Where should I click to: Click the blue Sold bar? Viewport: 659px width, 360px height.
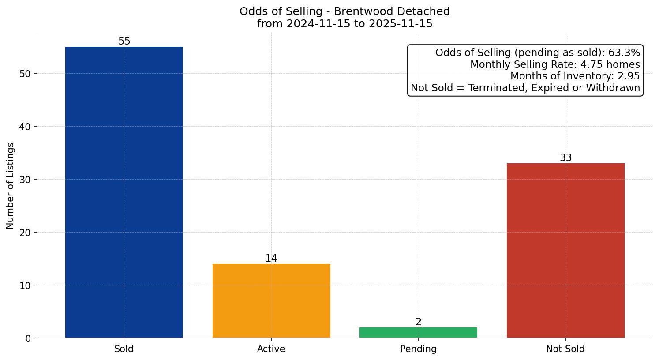[124, 192]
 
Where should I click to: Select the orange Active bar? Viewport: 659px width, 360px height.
[271, 301]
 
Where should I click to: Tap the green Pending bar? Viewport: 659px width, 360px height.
[418, 333]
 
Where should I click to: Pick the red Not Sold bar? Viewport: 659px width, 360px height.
[565, 251]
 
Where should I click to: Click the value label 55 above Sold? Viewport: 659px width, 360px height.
[124, 41]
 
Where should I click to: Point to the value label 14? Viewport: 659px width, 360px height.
[271, 259]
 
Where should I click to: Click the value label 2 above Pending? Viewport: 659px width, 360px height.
[419, 322]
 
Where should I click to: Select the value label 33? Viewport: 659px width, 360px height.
[566, 158]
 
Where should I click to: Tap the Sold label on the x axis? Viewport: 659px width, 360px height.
[124, 349]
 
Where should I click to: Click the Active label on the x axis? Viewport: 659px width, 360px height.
[271, 349]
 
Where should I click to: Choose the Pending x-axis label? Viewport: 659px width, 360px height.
[418, 349]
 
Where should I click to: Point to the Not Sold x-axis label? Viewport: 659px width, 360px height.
[565, 349]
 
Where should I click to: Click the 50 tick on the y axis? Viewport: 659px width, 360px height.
[25, 74]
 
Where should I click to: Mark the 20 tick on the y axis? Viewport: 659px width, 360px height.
[25, 232]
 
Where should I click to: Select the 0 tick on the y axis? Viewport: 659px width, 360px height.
[28, 338]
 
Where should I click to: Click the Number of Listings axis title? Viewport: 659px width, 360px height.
[11, 186]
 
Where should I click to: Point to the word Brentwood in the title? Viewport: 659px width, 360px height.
[361, 11]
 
